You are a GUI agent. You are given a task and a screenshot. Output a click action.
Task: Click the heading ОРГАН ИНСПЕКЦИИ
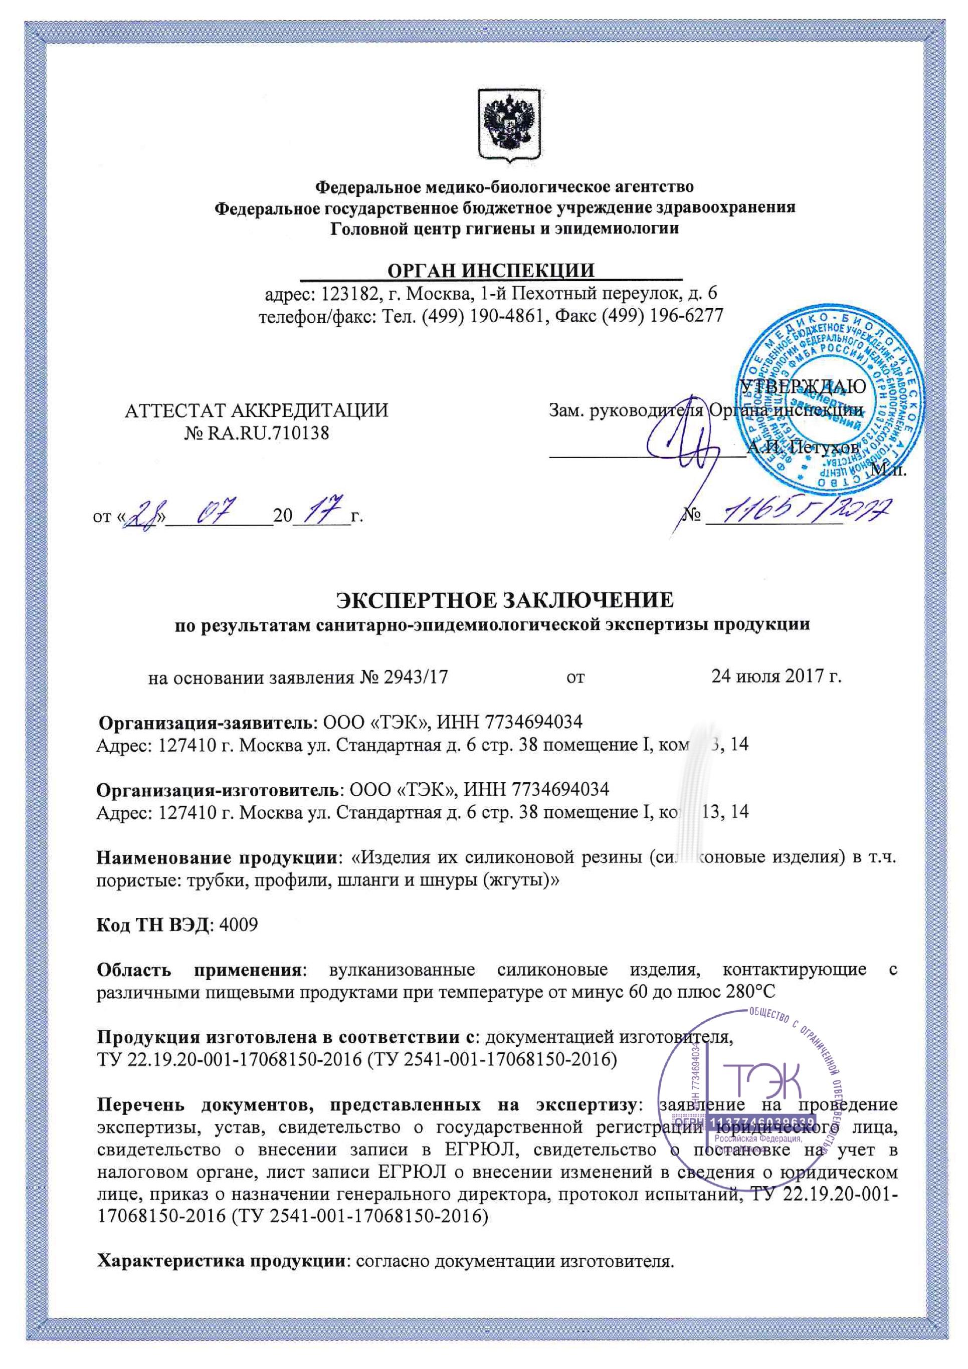pos(491,270)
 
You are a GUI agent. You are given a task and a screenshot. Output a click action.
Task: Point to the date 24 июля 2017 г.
pos(776,677)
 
